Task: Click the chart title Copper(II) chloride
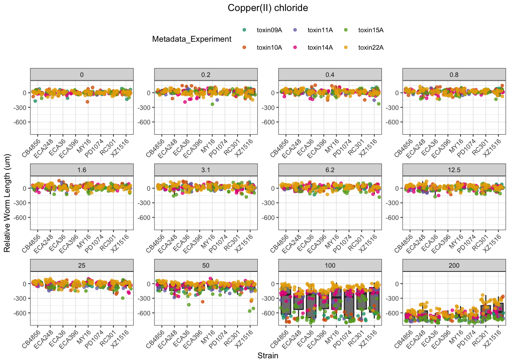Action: tap(268, 8)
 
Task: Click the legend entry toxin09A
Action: tap(269, 30)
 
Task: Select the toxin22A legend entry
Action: tap(371, 48)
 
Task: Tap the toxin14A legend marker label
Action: tap(320, 48)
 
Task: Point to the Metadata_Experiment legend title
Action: tap(192, 39)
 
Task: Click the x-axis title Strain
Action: tap(268, 356)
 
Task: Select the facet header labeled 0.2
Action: tap(206, 75)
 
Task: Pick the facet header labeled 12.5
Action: tap(454, 170)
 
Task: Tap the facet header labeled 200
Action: tap(454, 265)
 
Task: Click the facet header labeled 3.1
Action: tap(206, 170)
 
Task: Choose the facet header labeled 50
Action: tap(206, 265)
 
